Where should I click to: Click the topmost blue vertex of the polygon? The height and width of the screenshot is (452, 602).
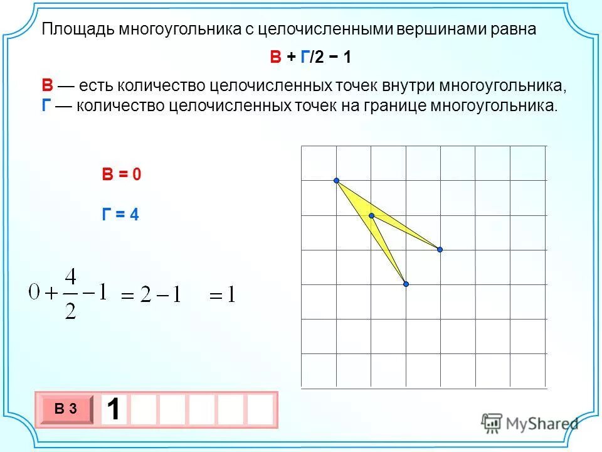pos(337,181)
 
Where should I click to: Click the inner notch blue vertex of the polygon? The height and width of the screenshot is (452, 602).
pos(371,215)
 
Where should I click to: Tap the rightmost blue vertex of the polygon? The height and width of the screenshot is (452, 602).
pos(440,250)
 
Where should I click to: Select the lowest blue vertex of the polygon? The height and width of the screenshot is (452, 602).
pos(406,284)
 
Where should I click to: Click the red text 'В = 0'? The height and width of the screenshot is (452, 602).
pos(122,175)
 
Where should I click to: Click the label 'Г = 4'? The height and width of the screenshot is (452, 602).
pos(120,215)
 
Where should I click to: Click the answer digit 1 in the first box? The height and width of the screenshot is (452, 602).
pos(114,410)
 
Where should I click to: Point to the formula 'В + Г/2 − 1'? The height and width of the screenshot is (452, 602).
pos(310,58)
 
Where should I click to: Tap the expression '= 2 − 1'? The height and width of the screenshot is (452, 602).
pos(150,294)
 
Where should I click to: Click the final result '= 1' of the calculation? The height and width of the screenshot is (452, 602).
pos(222,294)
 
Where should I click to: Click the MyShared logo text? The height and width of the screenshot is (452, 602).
pos(542,423)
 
